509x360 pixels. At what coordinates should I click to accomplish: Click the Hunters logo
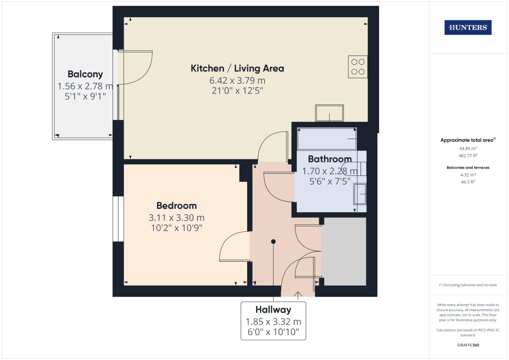tap(468, 27)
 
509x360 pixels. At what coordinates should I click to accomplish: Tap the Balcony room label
tap(85, 74)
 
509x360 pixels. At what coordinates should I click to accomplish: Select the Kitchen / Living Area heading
tap(237, 68)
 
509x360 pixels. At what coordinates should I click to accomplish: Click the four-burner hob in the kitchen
tap(358, 67)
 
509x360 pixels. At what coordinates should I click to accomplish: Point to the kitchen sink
tap(329, 113)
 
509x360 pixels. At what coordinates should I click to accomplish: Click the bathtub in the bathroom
tap(327, 139)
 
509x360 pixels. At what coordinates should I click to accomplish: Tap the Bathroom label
tap(330, 159)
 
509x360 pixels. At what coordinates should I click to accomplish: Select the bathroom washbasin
tap(360, 194)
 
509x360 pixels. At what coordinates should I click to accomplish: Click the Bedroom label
tap(177, 206)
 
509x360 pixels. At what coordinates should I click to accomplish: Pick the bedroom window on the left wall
tap(118, 219)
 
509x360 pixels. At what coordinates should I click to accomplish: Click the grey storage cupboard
tap(345, 251)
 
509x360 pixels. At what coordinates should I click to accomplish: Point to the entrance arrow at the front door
tap(298, 295)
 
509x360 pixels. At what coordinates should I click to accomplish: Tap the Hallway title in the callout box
tap(273, 310)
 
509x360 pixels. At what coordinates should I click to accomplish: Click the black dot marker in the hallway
tap(273, 241)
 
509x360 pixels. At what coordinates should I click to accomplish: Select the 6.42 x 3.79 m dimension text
tap(237, 80)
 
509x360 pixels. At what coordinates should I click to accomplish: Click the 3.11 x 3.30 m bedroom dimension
tap(177, 218)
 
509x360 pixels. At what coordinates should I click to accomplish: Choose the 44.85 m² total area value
tap(468, 148)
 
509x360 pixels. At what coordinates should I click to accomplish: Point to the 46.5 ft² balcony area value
tap(468, 182)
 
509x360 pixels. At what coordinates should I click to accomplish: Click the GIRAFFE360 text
tap(468, 345)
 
